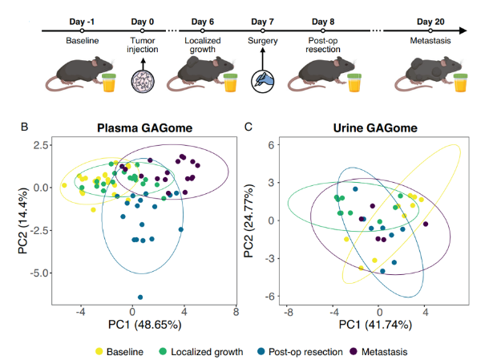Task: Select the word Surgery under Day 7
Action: point(264,40)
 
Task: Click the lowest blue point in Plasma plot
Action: point(140,297)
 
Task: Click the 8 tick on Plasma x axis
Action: point(236,313)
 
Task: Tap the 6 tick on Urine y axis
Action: point(273,144)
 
